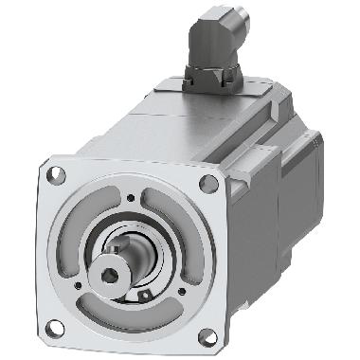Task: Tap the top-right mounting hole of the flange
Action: point(207,182)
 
